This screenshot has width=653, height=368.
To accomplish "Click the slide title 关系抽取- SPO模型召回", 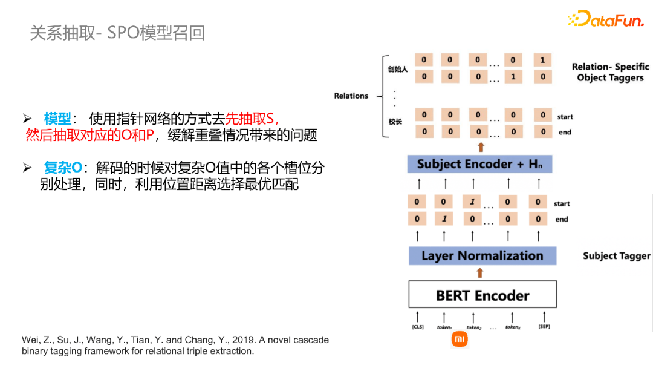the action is coord(118,33).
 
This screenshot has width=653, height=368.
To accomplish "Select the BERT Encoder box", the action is coord(482,295).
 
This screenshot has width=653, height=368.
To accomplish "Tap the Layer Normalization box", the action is coord(482,255).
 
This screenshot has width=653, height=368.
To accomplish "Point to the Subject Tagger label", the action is coord(616,256).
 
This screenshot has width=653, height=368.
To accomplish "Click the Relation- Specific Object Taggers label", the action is coord(610,72).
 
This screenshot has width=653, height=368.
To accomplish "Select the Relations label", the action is coord(351,96).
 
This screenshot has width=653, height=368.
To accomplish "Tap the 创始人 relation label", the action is coord(398,69).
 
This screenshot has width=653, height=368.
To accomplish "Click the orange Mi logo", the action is coord(460,340).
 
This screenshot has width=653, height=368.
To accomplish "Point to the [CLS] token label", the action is coord(417,327).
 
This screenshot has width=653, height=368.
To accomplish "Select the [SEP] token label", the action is coord(544,327).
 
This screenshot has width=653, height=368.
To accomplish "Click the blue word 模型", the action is coord(57,119).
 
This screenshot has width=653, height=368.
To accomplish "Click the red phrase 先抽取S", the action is coord(252,119).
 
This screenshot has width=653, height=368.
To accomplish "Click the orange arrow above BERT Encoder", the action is coord(481,273).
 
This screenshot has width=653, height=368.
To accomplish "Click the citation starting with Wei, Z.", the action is coord(175,345).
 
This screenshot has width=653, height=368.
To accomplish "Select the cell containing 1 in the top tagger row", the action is coord(542,60).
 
